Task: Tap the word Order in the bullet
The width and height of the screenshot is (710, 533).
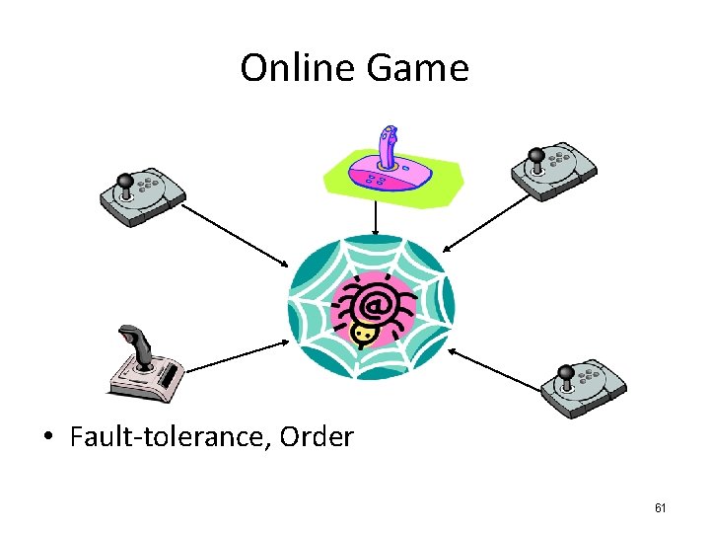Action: (317, 436)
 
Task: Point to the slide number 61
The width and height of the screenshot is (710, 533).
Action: (661, 508)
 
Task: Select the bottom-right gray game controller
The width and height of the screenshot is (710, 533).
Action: (583, 387)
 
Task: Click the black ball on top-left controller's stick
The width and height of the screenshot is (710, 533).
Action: (125, 180)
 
